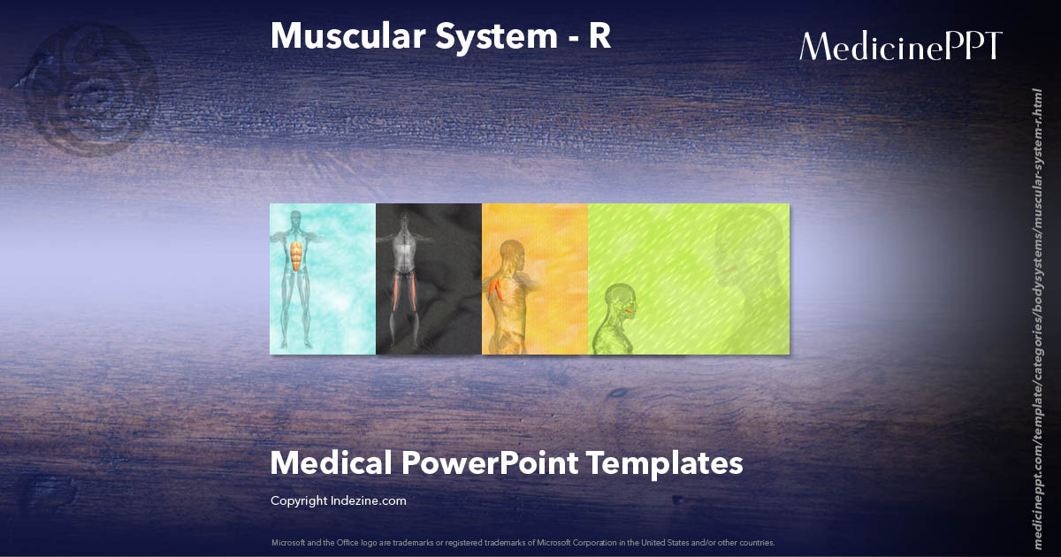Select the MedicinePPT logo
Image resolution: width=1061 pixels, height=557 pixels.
[x=900, y=46]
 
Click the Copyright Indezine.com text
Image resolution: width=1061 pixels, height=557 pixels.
[x=338, y=500]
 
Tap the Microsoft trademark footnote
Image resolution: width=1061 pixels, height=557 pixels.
[x=523, y=542]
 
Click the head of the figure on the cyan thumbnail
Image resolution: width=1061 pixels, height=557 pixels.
[x=298, y=220]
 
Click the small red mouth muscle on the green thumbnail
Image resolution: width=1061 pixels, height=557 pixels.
[x=630, y=310]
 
